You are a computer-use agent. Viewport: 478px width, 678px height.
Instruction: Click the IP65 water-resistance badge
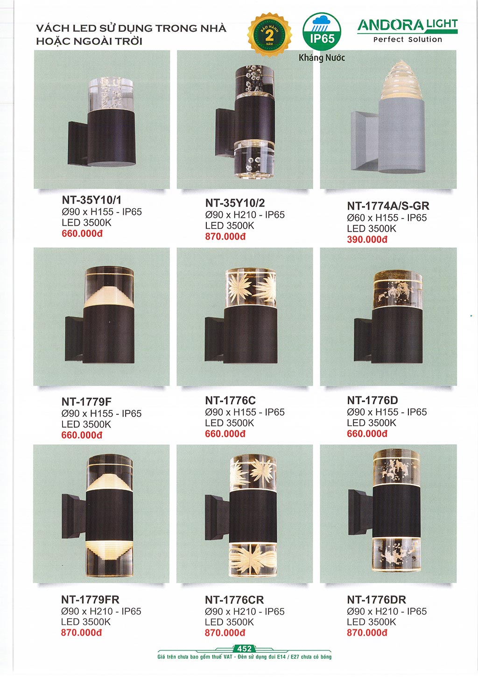click(322, 31)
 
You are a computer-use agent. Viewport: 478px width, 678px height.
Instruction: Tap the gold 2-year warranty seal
click(269, 35)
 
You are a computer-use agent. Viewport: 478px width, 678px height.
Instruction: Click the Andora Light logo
click(408, 30)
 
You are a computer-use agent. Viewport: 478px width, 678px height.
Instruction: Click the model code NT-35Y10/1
click(91, 200)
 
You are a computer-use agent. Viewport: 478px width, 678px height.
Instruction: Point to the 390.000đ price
click(367, 239)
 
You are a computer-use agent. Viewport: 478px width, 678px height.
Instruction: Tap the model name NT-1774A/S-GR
click(388, 206)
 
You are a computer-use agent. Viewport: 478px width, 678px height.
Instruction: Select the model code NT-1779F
click(86, 402)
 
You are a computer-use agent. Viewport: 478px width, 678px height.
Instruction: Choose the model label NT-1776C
click(231, 400)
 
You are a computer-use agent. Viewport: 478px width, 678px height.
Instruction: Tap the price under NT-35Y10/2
click(225, 236)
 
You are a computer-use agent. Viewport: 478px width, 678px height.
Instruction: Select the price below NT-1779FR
click(81, 633)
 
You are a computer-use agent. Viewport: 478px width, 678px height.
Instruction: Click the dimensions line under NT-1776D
click(387, 412)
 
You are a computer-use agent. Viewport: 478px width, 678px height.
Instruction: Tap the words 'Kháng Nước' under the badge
click(322, 57)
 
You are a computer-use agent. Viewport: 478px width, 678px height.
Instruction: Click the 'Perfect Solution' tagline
click(408, 39)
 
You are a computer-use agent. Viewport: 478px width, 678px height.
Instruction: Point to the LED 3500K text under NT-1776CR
click(229, 622)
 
